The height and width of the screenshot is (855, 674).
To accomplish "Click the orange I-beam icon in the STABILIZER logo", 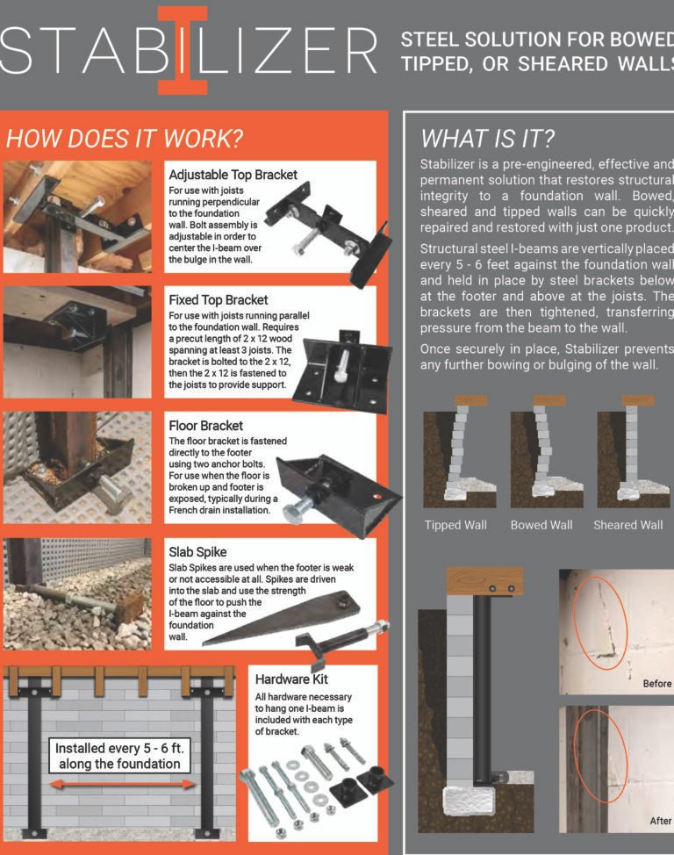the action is pos(183,50).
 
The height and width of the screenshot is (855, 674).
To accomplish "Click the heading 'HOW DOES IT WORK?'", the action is pos(125,139).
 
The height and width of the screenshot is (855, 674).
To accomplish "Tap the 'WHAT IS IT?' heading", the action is pos(487,139).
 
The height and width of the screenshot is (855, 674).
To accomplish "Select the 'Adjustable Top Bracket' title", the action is pos(233,175).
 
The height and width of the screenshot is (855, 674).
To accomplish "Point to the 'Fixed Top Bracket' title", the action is pos(219,300).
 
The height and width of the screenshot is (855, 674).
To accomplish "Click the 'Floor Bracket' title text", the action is pos(205,426).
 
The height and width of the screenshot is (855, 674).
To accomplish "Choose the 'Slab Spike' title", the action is pos(197,552).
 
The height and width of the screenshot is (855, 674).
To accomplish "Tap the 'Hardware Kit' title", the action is pos(291,679).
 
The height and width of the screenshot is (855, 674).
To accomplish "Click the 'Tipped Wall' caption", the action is pos(455,525).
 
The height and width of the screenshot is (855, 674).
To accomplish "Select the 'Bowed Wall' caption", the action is pos(541,525).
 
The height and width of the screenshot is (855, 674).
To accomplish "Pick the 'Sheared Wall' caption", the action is pos(628,525).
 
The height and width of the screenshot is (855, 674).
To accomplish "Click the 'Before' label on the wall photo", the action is pos(657,684).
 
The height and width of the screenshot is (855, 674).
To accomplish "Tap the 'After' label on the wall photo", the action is pos(660,821).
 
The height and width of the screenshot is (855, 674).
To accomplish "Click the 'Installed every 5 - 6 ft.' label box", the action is pos(119,756).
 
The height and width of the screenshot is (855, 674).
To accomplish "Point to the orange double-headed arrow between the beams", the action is pos(122,785).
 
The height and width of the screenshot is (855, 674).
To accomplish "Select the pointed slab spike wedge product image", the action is pos(281,618).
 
